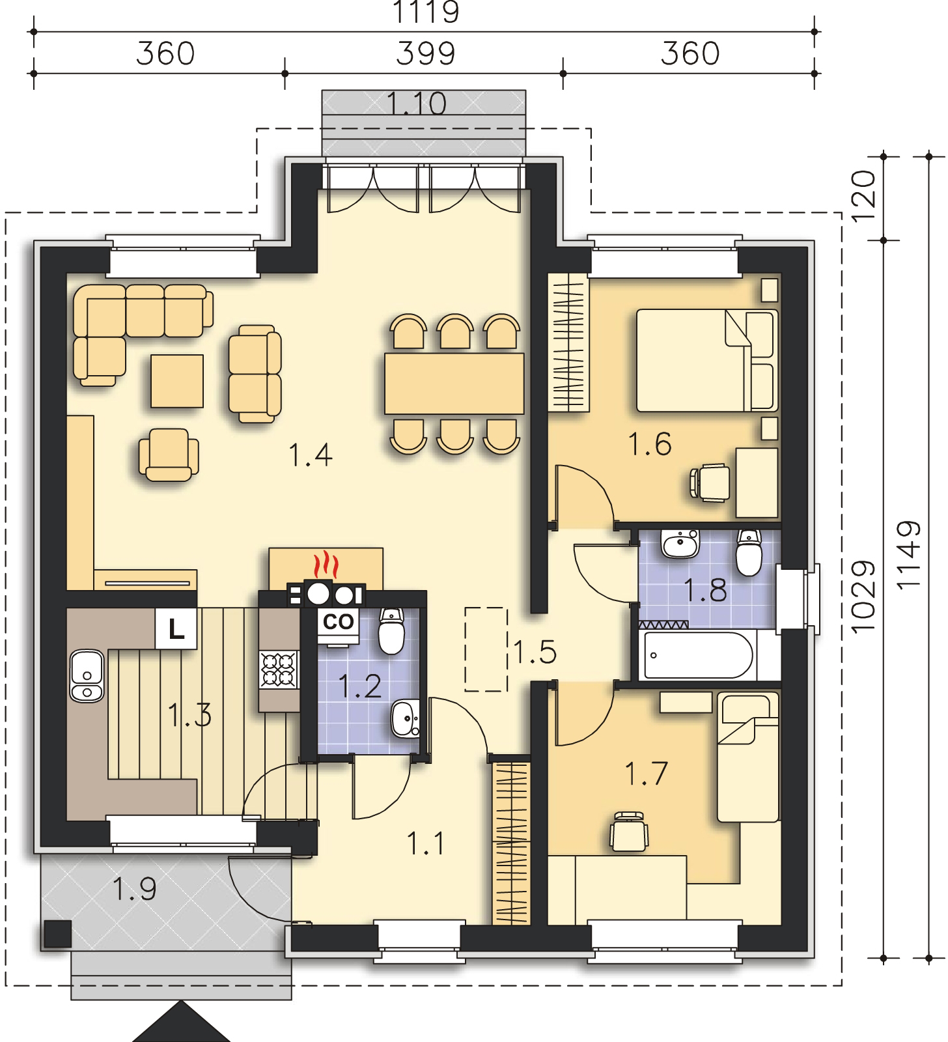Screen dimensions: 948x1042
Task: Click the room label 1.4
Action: pyautogui.click(x=311, y=455)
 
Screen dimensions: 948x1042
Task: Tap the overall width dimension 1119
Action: pyautogui.click(x=427, y=12)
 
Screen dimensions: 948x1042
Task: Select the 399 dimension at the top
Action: pyautogui.click(x=426, y=53)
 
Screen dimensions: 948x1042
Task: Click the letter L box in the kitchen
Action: pyautogui.click(x=176, y=629)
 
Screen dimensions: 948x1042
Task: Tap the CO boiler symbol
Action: pyautogui.click(x=338, y=622)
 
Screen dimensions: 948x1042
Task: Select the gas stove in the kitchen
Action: pyautogui.click(x=279, y=670)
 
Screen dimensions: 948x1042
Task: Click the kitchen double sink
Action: pyautogui.click(x=86, y=676)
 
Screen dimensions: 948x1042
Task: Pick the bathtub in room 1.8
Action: pyautogui.click(x=697, y=656)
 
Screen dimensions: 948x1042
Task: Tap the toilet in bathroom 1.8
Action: pyautogui.click(x=749, y=553)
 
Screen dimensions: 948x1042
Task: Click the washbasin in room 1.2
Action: pyautogui.click(x=406, y=719)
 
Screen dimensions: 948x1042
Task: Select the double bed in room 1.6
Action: pyautogui.click(x=707, y=360)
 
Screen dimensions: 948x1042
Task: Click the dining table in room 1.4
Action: pyautogui.click(x=454, y=384)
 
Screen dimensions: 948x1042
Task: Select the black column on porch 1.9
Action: pyautogui.click(x=57, y=935)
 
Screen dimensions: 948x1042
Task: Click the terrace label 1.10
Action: pyautogui.click(x=417, y=104)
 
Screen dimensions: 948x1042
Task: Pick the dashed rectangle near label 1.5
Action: pyautogui.click(x=486, y=649)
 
